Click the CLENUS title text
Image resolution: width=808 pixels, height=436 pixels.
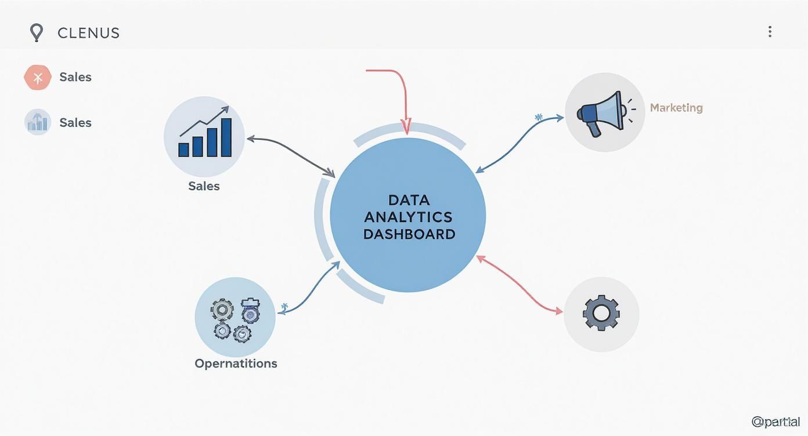point(89,33)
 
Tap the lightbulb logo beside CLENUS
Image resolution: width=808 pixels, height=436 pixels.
point(37,32)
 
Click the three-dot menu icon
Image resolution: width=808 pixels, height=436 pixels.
point(770,32)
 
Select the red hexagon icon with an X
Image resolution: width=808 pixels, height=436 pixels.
point(38,77)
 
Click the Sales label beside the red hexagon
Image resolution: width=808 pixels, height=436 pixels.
point(75,77)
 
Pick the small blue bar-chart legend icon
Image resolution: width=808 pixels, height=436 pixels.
point(38,122)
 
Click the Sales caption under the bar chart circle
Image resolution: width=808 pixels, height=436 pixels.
point(204,186)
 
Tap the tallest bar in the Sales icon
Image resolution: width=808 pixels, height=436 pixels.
point(226,137)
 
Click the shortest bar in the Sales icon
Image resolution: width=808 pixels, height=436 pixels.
point(184,150)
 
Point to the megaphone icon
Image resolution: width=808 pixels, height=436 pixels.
point(601,112)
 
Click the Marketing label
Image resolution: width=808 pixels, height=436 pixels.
point(676,108)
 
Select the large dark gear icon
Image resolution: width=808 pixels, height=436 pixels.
point(601,313)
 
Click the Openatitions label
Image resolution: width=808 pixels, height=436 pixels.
point(236,364)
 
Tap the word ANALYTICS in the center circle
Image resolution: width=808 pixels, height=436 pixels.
point(408,217)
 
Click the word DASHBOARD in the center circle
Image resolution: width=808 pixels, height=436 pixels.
point(409,234)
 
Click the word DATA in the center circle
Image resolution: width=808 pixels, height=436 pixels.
point(409,200)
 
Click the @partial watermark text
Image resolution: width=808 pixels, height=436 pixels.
point(775,422)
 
